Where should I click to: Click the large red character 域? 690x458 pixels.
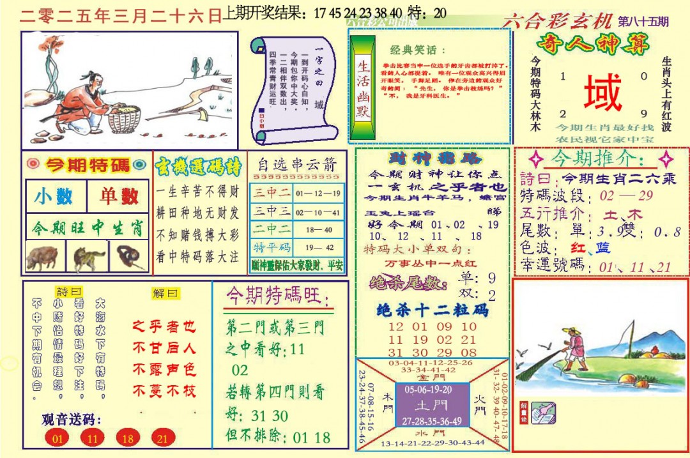click(x=602, y=93)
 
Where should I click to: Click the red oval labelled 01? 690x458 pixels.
click(x=58, y=439)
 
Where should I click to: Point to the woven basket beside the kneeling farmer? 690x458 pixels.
click(x=124, y=118)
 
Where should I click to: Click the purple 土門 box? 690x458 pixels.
click(x=433, y=405)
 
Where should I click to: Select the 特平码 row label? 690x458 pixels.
click(x=272, y=247)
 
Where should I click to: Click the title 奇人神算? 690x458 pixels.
click(x=594, y=45)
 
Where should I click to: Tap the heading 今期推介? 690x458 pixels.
click(x=598, y=158)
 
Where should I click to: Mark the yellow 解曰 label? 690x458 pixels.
click(x=166, y=293)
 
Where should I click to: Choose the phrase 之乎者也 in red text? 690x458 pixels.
click(x=164, y=326)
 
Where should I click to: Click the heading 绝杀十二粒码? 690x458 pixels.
click(x=433, y=310)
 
